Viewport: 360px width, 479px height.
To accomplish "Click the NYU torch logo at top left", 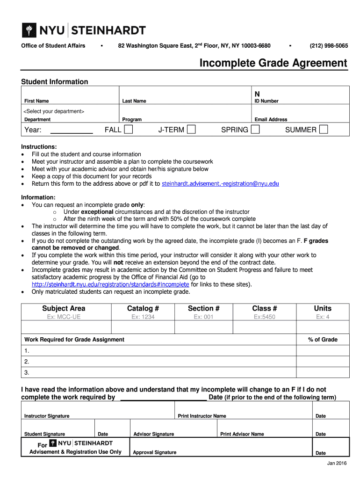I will [x=29, y=31].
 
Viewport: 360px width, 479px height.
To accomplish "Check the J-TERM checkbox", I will [x=191, y=130].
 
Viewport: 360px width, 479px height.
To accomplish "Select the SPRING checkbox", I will [x=255, y=130].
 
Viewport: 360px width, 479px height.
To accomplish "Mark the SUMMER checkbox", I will [x=323, y=130].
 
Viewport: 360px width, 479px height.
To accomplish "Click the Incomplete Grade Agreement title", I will [x=274, y=63].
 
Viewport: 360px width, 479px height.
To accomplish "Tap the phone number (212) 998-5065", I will [x=328, y=45].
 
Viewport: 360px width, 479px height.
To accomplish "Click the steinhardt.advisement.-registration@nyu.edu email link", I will [x=220, y=184].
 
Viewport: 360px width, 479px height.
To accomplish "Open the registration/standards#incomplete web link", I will [x=110, y=284].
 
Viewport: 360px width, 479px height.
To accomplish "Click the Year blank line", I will [x=71, y=131].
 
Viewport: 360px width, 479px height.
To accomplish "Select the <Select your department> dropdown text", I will [x=54, y=111].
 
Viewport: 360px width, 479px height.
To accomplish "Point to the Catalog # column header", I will [x=143, y=308].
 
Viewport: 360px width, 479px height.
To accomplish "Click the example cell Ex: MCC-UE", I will [x=64, y=317].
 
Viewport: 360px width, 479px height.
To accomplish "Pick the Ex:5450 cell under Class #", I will [x=265, y=317].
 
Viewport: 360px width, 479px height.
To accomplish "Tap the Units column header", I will [x=323, y=308].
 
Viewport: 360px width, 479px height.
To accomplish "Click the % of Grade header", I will [x=323, y=340].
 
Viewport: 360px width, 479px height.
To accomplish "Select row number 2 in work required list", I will [x=27, y=362].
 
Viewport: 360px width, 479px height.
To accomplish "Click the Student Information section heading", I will [x=55, y=82].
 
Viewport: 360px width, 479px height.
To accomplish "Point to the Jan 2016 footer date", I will [x=337, y=463].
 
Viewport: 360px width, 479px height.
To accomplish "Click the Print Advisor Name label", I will [x=242, y=434].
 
